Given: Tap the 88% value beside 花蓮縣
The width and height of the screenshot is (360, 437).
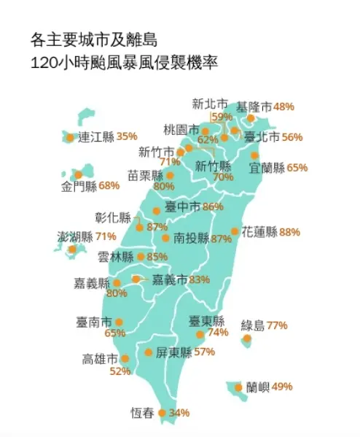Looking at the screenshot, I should click(289, 232).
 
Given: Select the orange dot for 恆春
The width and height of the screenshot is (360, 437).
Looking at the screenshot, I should click(162, 413).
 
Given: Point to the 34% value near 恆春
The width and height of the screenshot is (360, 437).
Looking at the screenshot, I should click(179, 413).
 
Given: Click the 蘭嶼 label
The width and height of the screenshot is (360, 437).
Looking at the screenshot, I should click(257, 387).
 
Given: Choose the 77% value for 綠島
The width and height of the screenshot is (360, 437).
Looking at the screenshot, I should click(277, 325).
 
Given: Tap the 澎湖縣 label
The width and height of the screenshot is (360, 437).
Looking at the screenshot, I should click(75, 236).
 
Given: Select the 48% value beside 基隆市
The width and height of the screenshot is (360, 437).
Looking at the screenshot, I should click(283, 107).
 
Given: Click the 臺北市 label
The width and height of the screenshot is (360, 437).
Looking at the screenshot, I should click(262, 136).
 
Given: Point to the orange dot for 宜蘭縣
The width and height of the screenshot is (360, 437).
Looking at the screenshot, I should click(254, 155).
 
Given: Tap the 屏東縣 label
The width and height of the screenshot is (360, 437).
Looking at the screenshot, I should click(173, 352).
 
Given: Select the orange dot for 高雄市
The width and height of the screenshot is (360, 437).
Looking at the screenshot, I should click(125, 359).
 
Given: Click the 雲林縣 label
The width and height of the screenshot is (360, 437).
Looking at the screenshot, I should click(116, 257).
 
